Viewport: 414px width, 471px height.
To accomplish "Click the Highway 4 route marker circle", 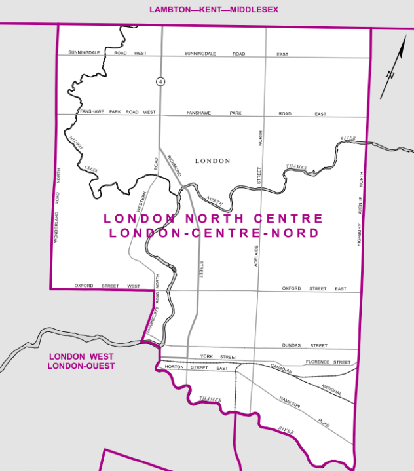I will [160, 81].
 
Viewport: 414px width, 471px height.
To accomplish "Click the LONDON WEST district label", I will [81, 356].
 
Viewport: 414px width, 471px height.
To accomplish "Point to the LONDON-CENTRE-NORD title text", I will [214, 233].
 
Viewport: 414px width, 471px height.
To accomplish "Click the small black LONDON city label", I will [213, 160].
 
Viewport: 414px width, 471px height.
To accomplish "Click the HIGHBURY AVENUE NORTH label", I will [360, 210].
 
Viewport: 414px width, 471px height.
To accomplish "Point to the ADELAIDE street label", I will [257, 259].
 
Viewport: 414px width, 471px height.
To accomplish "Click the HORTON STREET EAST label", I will [196, 368].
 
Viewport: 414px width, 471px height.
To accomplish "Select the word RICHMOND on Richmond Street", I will [174, 164].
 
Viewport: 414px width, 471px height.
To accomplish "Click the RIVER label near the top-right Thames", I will [347, 139].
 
